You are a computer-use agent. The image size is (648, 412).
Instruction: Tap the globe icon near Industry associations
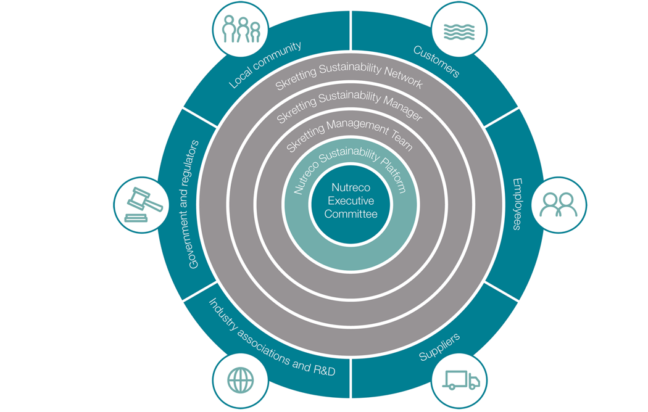[x=239, y=378]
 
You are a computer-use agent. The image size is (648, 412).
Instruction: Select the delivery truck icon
[x=461, y=380]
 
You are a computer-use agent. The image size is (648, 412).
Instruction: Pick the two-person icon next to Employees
[x=559, y=205]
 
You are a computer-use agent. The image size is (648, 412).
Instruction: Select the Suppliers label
[x=439, y=347]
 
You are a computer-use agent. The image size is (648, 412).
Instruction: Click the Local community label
[x=265, y=65]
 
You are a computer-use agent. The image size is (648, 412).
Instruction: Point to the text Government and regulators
[x=194, y=204]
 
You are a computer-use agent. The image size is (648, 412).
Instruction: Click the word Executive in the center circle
[x=351, y=200]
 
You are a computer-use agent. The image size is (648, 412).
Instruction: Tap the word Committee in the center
[x=351, y=214]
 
